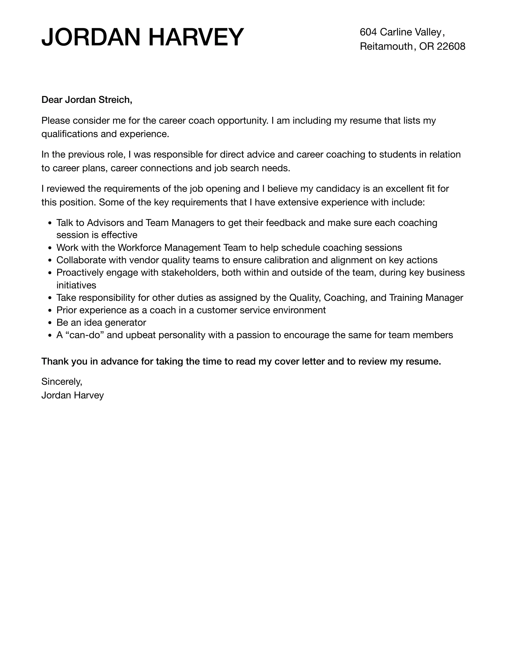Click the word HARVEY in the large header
point(196,37)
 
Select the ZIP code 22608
point(451,46)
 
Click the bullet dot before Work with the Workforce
point(50,248)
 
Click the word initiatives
point(76,285)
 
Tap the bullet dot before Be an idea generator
point(50,323)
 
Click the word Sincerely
point(62,381)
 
